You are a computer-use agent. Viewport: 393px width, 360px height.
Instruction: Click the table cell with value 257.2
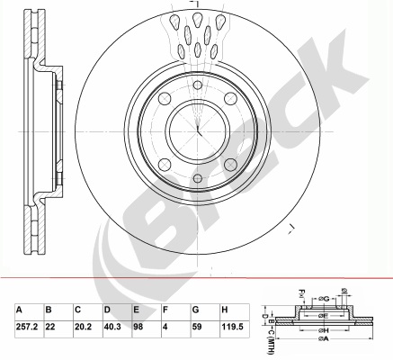26,327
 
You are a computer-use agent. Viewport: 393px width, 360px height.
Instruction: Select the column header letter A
19,310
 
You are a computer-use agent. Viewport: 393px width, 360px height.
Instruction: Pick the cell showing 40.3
112,327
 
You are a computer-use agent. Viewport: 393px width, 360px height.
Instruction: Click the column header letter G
195,310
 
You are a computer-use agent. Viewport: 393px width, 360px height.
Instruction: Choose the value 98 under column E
138,327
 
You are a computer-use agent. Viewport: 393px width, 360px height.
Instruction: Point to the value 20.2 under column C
83,327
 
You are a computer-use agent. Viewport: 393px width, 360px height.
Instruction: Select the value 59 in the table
197,327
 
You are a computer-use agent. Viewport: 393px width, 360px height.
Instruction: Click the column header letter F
165,310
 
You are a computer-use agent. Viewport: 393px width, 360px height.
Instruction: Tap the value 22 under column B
50,327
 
